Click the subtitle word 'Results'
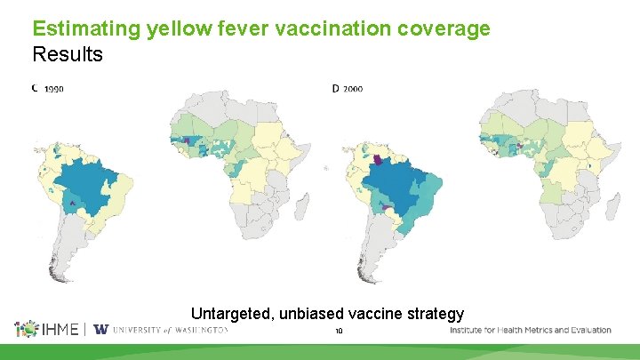[x=68, y=54]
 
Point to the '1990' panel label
[x=53, y=89]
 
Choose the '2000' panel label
[x=354, y=89]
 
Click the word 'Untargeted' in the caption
[x=234, y=314]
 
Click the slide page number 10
[x=339, y=332]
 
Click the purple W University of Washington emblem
[x=100, y=330]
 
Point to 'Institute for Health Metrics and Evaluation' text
[x=531, y=330]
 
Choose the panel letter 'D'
[x=336, y=89]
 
